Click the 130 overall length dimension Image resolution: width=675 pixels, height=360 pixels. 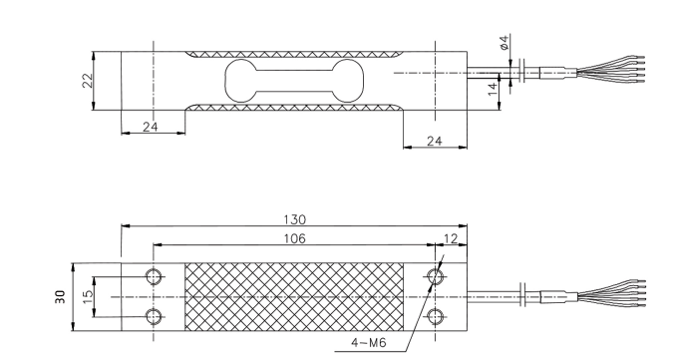(x=294, y=220)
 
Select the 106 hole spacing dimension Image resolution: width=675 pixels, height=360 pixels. (x=294, y=238)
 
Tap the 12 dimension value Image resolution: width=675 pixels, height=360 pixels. (x=450, y=238)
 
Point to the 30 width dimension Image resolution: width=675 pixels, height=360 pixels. (x=61, y=297)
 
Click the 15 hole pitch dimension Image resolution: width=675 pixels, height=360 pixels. (x=88, y=297)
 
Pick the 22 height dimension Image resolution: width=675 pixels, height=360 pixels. (x=88, y=80)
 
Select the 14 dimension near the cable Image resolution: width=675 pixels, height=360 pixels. (x=493, y=89)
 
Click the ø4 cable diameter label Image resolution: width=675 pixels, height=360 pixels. (x=505, y=42)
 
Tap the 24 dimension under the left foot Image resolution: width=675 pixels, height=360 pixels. (x=151, y=127)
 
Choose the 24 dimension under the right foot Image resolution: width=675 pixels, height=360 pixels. (x=434, y=142)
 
